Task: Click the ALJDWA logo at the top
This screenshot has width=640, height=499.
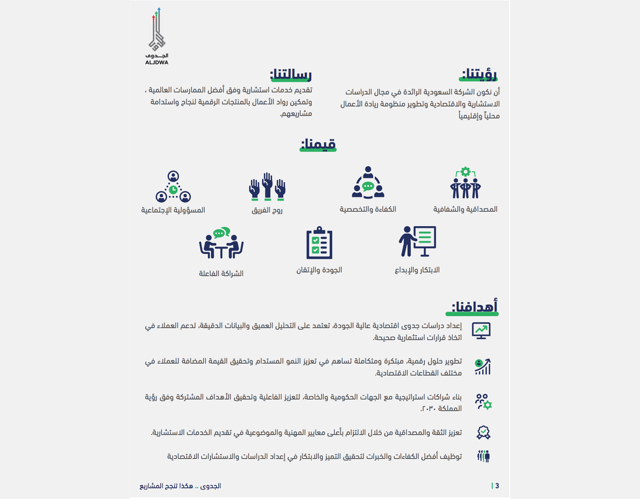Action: pyautogui.click(x=157, y=36)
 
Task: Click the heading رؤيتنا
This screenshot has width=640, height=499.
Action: pyautogui.click(x=478, y=75)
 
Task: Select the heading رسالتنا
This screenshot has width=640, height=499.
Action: pyautogui.click(x=291, y=75)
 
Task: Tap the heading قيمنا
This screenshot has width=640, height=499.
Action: pyautogui.click(x=318, y=144)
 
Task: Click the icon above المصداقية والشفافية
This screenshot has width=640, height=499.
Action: pyautogui.click(x=465, y=183)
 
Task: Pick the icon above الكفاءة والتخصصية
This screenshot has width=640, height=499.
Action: pyautogui.click(x=368, y=183)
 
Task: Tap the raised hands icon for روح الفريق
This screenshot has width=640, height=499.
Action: pyautogui.click(x=267, y=186)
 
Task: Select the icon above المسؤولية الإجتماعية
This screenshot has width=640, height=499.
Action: pyautogui.click(x=173, y=187)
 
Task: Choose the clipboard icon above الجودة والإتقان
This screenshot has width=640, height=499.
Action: pyautogui.click(x=319, y=243)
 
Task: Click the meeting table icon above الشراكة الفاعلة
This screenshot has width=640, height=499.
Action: pyautogui.click(x=221, y=243)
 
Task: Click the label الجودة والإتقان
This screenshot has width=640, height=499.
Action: pyautogui.click(x=319, y=270)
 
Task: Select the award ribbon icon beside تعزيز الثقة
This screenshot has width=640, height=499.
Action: pyautogui.click(x=483, y=433)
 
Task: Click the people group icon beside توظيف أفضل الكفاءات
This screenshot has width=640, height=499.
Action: pyautogui.click(x=483, y=457)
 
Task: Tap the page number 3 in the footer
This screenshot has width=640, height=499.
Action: pyautogui.click(x=497, y=486)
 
